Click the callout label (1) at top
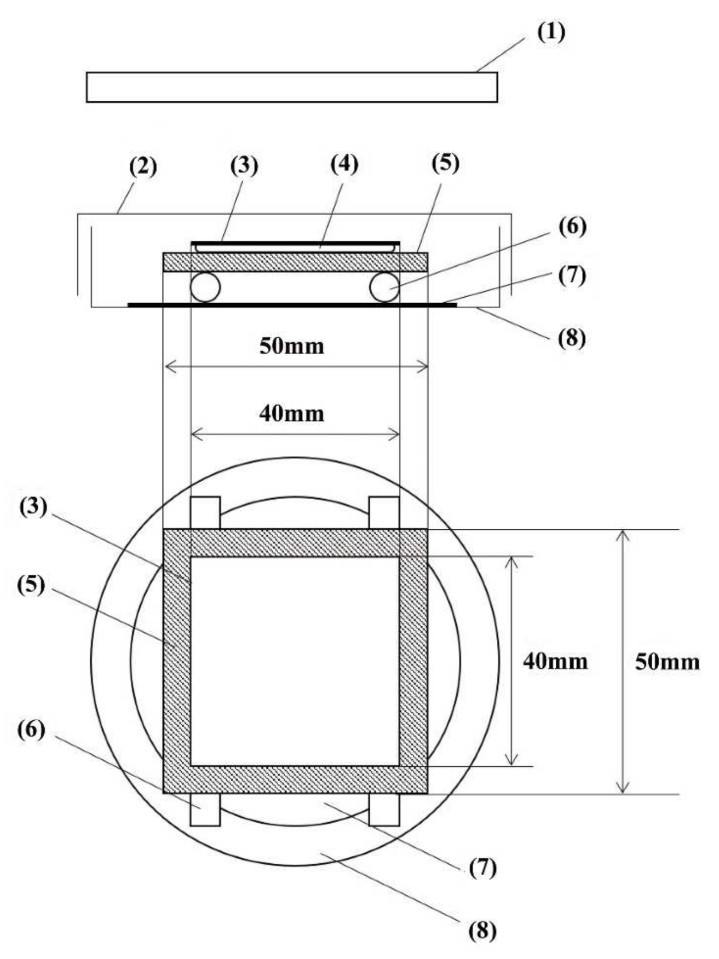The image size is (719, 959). tap(550, 32)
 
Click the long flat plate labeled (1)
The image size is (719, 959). tap(292, 88)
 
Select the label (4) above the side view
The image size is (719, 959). tap(344, 164)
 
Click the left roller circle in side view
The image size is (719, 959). tap(205, 287)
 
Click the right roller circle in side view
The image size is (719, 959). tap(384, 287)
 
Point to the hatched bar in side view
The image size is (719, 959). tap(295, 262)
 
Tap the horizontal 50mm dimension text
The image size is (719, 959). tap(292, 346)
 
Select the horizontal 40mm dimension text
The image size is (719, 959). tap(292, 414)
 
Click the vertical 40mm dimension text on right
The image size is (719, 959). tap(555, 662)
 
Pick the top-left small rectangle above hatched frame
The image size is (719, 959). tap(205, 513)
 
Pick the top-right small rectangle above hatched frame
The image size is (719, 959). tap(384, 513)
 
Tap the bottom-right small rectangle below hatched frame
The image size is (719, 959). tap(384, 810)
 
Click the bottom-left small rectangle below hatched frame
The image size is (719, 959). tap(205, 810)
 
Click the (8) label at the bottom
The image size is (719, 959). tap(482, 930)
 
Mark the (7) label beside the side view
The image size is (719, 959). tap(572, 275)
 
